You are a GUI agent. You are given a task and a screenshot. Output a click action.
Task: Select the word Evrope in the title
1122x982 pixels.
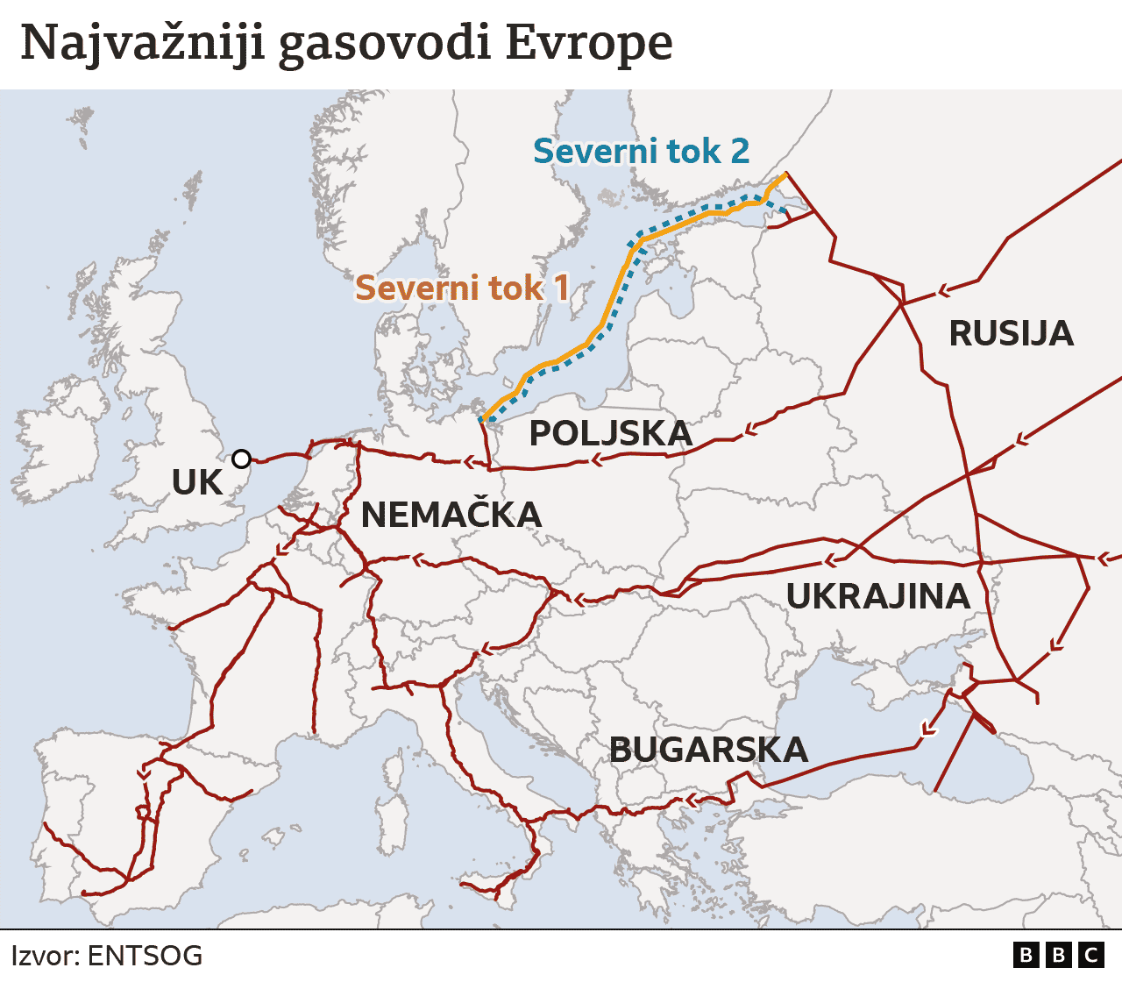(589, 44)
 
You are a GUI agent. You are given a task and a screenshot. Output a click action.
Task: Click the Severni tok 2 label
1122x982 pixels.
(641, 152)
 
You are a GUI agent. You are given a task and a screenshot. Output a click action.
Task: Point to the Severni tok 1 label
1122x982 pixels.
(462, 288)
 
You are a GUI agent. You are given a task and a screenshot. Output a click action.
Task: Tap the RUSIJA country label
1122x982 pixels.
(1011, 334)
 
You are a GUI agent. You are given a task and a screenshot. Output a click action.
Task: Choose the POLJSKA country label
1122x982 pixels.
(611, 434)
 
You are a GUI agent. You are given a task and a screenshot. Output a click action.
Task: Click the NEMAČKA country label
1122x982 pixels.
(451, 515)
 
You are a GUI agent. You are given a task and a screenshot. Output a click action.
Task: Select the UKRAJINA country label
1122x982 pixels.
(877, 596)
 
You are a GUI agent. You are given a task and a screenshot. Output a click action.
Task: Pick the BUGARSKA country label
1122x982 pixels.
(708, 750)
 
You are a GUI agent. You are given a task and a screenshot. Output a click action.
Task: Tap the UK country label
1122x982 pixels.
(197, 483)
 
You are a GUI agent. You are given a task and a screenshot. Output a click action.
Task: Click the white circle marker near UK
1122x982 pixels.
(241, 459)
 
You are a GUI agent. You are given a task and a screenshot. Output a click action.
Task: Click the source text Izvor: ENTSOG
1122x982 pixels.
(106, 955)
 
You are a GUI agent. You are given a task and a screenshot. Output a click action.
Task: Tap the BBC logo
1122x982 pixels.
(1058, 955)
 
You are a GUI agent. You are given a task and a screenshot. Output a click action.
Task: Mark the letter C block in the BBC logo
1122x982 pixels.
(1091, 955)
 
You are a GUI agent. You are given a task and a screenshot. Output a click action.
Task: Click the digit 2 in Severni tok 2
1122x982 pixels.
(740, 152)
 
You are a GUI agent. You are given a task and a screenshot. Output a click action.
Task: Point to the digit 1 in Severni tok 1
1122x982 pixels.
(560, 288)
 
